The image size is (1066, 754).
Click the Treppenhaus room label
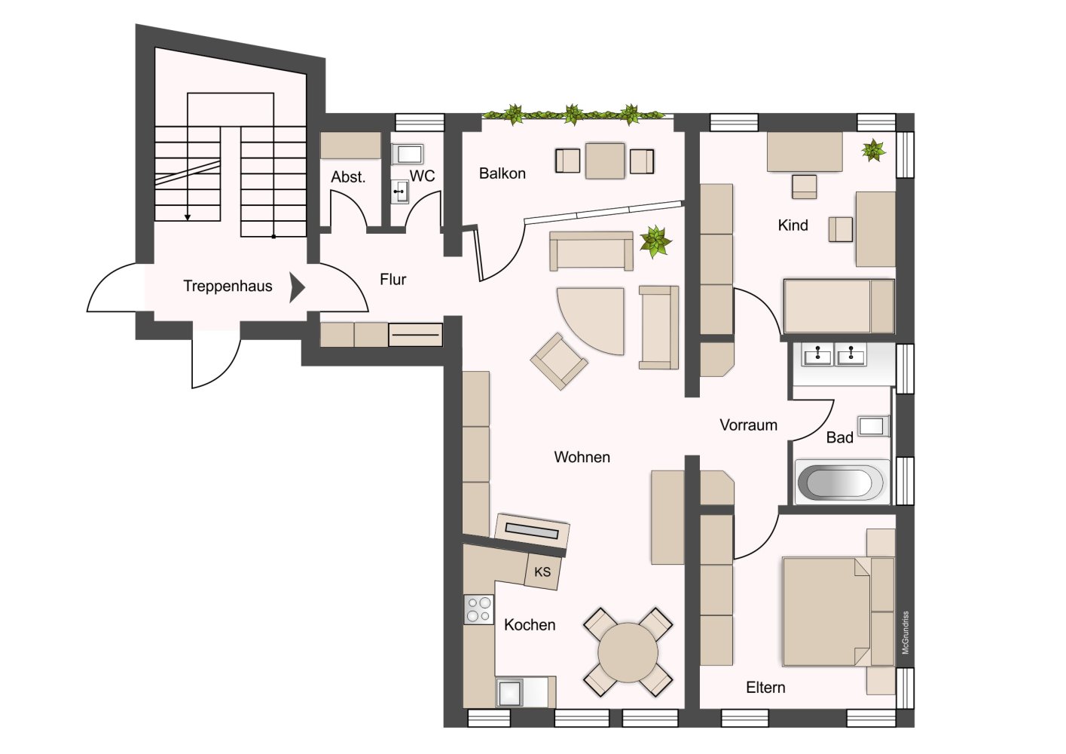point(228,286)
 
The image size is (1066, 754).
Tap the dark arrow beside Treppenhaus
point(297,287)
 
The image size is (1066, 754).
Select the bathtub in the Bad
point(841,482)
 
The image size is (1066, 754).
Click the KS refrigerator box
point(542,572)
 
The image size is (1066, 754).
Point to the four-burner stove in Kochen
point(478,610)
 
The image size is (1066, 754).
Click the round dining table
point(628,652)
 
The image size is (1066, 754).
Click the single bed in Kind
point(839,306)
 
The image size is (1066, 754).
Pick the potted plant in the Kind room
point(873,150)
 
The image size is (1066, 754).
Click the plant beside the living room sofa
point(655,241)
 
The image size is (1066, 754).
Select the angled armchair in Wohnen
point(559,361)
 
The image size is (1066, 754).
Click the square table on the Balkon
point(605,161)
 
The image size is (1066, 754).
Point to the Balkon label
point(502,173)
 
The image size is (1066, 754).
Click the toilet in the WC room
point(408,154)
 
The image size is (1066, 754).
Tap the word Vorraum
point(748,425)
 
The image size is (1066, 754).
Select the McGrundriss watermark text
point(905,633)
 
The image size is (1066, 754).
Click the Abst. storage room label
point(348,177)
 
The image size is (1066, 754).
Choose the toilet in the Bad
point(873,426)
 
